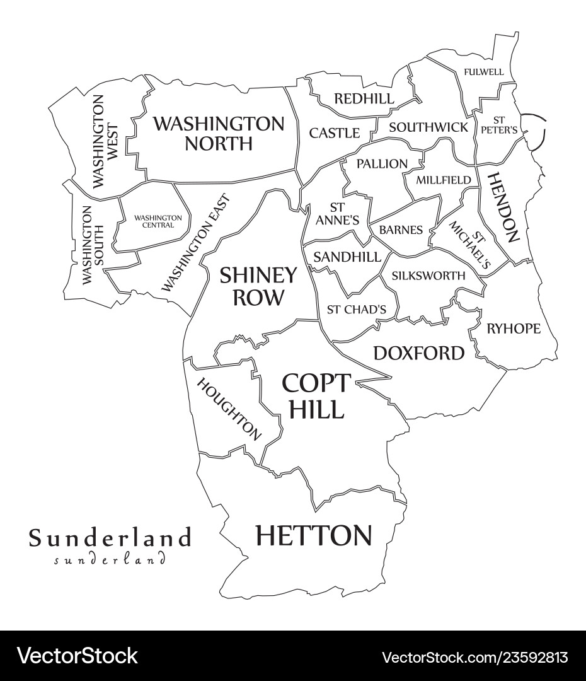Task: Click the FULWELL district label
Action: pos(483,72)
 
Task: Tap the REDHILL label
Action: pos(364,99)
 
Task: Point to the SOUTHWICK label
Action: pos(428,127)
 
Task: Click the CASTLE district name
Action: pos(334,133)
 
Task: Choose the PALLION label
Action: pos(382,164)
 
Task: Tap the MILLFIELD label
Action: pos(443,180)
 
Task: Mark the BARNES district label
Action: pos(401,230)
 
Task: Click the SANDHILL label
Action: pos(347,257)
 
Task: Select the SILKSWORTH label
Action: pos(428,276)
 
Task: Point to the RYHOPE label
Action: pos(513,329)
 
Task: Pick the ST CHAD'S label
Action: pos(356,310)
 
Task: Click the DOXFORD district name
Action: pos(418,353)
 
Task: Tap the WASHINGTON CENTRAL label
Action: pos(158,221)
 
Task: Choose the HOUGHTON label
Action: pos(229,409)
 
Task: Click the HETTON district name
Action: pos(313,536)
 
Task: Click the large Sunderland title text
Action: pos(109,538)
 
